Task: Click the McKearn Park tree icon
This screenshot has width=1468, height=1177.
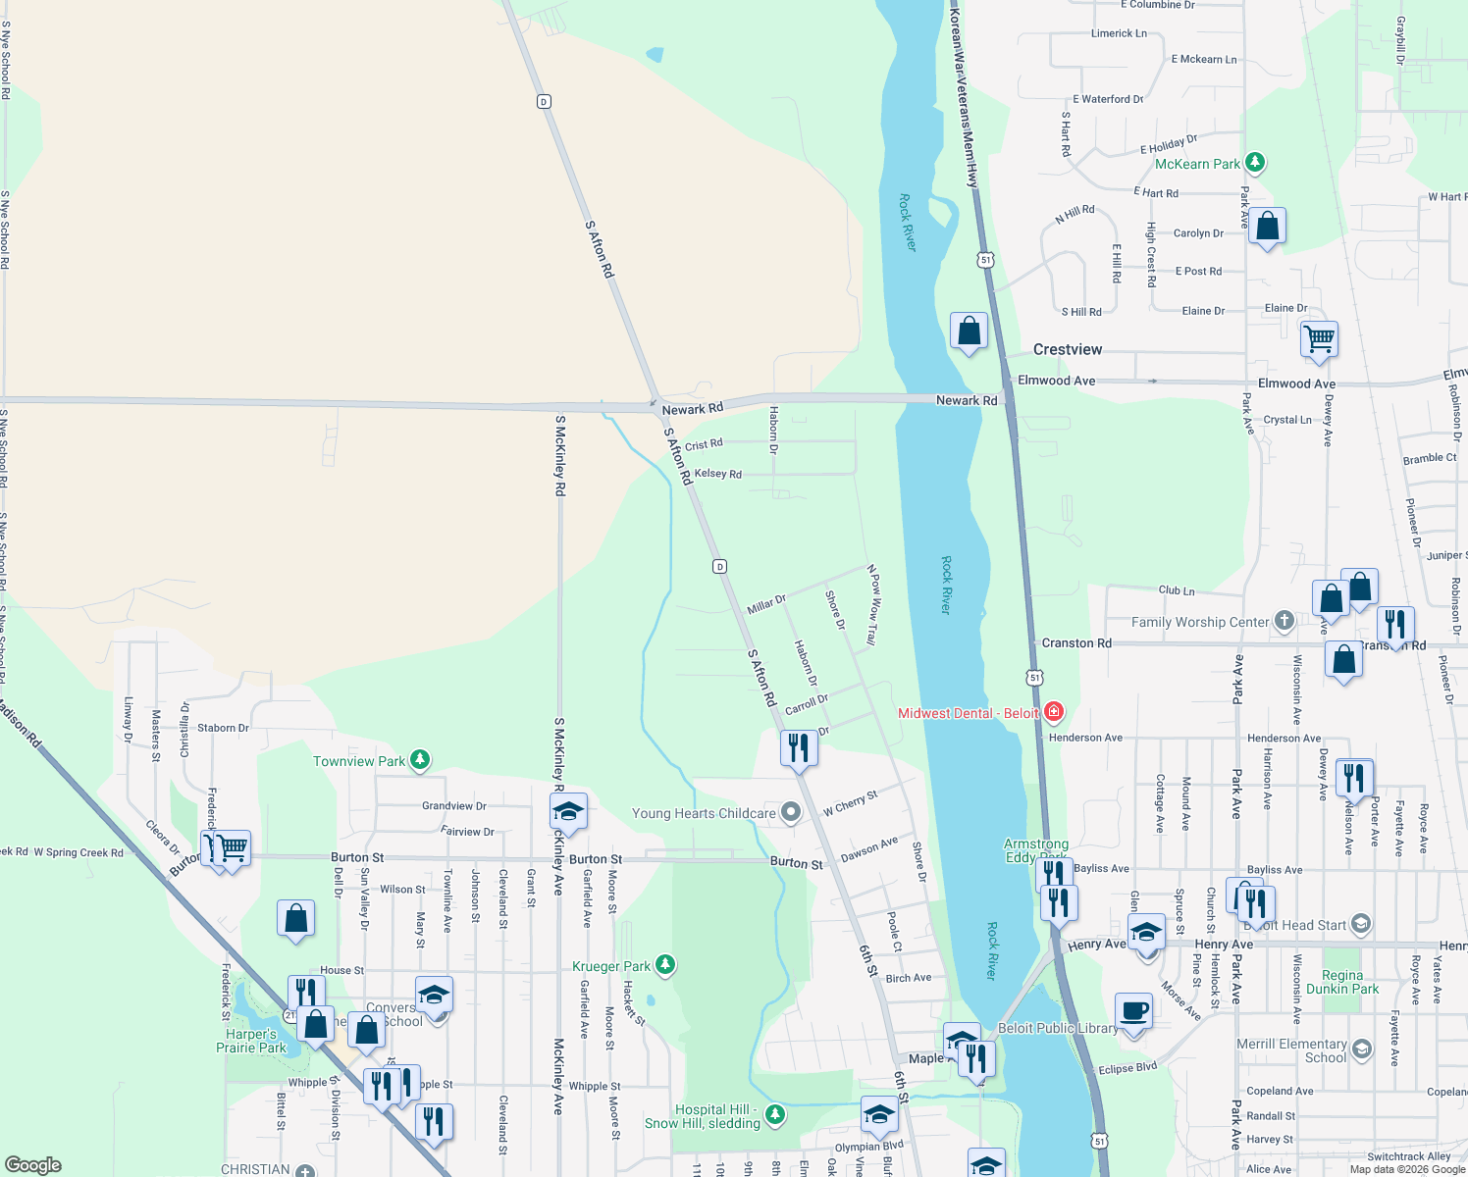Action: (x=1254, y=163)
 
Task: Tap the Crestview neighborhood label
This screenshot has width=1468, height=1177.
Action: (x=1068, y=350)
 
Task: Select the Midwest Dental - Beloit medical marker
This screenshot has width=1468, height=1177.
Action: (x=1054, y=712)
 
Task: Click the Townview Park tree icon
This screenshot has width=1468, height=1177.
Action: (x=420, y=760)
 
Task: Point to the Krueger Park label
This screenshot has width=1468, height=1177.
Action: (x=611, y=966)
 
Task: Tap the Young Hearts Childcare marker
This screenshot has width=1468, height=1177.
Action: (x=790, y=812)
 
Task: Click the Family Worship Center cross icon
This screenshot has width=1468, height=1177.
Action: (x=1284, y=621)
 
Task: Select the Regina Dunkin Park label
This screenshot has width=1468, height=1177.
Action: (x=1341, y=982)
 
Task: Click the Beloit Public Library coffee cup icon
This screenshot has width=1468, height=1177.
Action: (x=1134, y=1010)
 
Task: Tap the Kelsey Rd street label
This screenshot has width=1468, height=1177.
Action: (x=718, y=474)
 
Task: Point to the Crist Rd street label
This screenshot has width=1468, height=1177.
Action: (x=704, y=445)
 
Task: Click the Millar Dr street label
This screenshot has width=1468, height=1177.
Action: (x=766, y=604)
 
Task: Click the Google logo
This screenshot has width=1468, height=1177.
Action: (x=33, y=1165)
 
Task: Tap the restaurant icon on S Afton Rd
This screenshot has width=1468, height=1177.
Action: (x=799, y=748)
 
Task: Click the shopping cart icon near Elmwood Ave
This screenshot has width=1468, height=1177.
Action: (x=1320, y=340)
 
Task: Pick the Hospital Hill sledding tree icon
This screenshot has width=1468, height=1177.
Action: (x=775, y=1114)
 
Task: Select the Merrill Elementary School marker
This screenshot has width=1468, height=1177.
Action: (x=1361, y=1049)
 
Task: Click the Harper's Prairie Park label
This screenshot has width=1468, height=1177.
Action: (x=251, y=1041)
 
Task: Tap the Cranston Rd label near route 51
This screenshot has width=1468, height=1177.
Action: (x=1076, y=643)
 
